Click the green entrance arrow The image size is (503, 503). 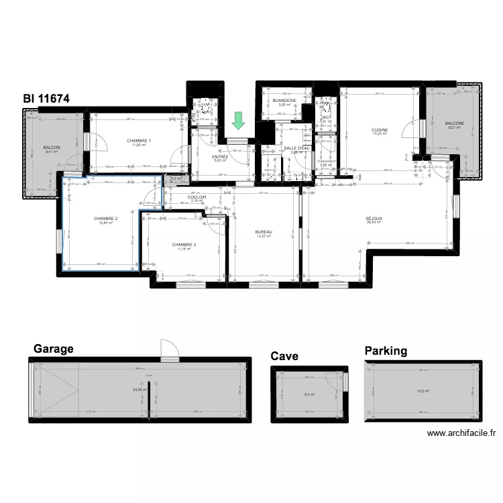pos(238,121)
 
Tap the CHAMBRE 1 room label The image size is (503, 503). pos(139,140)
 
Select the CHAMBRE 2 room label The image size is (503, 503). pos(106,219)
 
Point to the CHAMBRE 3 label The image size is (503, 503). pos(184,245)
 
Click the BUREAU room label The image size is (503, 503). pos(264,232)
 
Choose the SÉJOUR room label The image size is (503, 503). pos(374,219)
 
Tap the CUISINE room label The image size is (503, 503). pos(381,130)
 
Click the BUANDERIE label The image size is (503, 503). pos(284,101)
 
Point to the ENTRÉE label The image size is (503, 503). pos(221,157)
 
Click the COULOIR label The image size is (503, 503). pos(197,197)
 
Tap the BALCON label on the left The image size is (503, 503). pos(51,148)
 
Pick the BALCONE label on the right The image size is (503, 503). pos(454,123)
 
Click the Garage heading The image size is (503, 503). pos(53,349)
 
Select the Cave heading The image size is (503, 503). pos(284,356)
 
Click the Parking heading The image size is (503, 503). pos(386,351)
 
